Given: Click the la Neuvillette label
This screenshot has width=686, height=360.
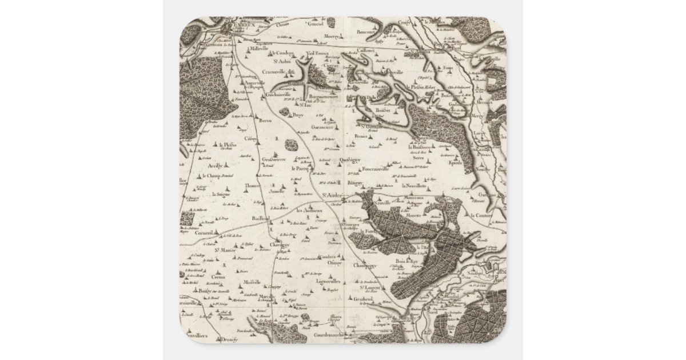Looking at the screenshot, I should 414,186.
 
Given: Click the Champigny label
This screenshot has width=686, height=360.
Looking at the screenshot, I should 362,266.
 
